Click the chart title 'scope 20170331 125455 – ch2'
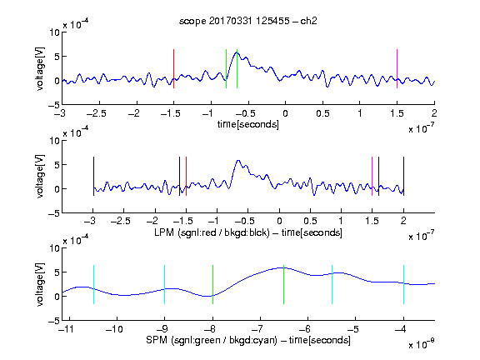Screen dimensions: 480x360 (248, 21)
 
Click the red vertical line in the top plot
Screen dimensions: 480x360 (173, 68)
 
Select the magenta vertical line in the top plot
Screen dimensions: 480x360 (397, 68)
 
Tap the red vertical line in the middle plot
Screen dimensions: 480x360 (186, 177)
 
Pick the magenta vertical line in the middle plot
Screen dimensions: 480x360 (372, 177)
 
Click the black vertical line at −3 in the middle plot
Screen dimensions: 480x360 (93, 177)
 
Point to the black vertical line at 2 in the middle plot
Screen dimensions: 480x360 (403, 177)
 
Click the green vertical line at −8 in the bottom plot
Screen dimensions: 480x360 (212, 285)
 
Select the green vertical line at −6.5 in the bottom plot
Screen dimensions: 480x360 (284, 285)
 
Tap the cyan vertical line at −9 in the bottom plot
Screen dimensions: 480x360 (165, 285)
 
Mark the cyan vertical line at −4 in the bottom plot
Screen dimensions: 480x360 (403, 285)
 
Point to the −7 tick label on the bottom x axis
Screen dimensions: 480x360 (257, 329)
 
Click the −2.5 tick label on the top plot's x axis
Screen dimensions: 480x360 (96, 113)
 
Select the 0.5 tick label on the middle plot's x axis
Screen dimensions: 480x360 (310, 221)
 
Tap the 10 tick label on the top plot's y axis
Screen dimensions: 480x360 (55, 32)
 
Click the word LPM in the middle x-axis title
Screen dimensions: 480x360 (164, 232)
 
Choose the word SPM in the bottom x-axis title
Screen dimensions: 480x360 (157, 340)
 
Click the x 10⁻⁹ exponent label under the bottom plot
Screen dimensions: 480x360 (422, 344)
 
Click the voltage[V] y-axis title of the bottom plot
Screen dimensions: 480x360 (40, 284)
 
